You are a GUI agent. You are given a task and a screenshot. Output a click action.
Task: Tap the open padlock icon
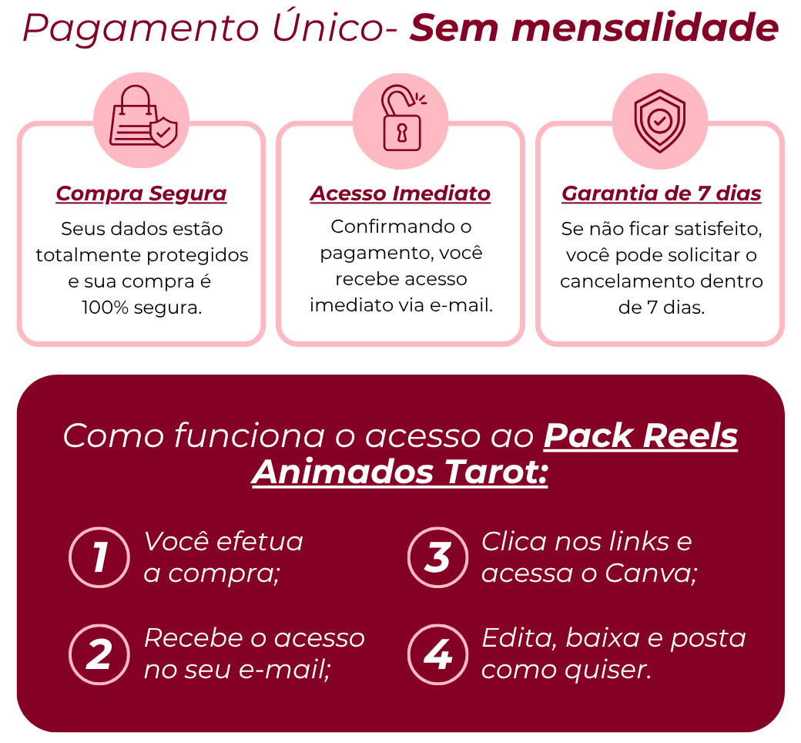pyautogui.click(x=403, y=118)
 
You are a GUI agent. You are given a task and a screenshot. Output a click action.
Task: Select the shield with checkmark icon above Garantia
pyautogui.click(x=659, y=121)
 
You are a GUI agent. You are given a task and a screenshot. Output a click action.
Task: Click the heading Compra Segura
pyautogui.click(x=141, y=193)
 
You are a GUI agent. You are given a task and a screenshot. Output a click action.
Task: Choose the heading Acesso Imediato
pyautogui.click(x=400, y=193)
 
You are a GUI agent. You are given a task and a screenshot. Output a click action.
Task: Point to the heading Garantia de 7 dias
pyautogui.click(x=661, y=193)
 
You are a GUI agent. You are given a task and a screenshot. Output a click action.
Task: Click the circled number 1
pyautogui.click(x=99, y=557)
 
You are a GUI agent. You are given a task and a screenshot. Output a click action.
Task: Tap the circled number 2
pyautogui.click(x=99, y=654)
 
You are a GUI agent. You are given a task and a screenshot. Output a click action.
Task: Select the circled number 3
pyautogui.click(x=437, y=557)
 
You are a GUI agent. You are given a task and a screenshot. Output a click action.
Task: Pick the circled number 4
pyautogui.click(x=437, y=654)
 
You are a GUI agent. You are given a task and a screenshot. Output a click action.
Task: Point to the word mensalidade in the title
pyautogui.click(x=644, y=28)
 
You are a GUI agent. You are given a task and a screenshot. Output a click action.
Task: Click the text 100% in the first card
pyautogui.click(x=105, y=308)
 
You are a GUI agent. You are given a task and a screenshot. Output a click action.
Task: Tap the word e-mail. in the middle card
pyautogui.click(x=461, y=305)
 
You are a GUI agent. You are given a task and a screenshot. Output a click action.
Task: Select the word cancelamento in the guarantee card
pyautogui.click(x=627, y=281)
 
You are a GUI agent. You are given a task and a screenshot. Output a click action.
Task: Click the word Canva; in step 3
pyautogui.click(x=651, y=573)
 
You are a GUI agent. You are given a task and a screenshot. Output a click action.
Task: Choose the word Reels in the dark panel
pyautogui.click(x=689, y=435)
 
